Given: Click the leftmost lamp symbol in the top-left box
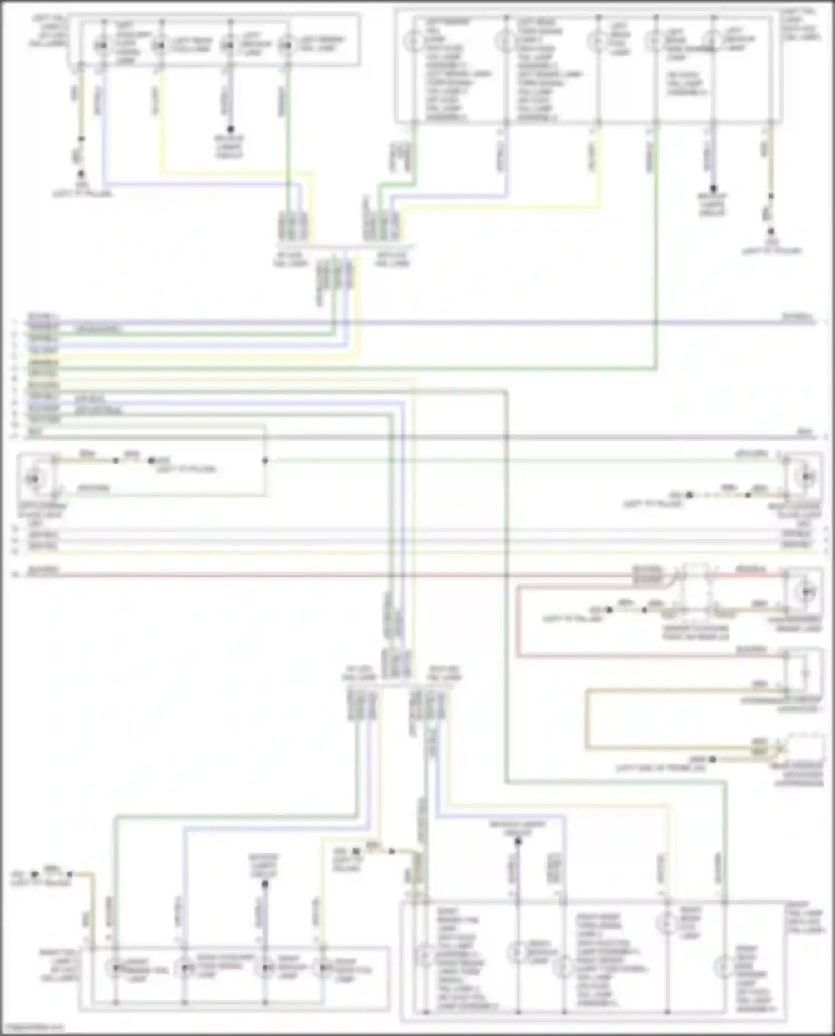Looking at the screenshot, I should [x=102, y=45].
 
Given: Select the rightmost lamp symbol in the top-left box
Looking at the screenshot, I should [x=287, y=45].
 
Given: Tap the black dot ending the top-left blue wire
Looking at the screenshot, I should [x=230, y=129].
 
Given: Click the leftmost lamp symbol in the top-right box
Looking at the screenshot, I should [x=412, y=41].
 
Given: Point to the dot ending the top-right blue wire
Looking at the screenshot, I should [x=713, y=189].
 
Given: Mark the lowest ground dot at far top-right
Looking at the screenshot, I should [x=771, y=231].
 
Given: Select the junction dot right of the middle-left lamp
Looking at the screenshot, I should [x=265, y=461].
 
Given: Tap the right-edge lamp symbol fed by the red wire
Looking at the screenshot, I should [x=807, y=592].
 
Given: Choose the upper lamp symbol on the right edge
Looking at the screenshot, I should [x=807, y=477].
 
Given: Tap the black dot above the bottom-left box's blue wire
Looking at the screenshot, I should [x=265, y=884].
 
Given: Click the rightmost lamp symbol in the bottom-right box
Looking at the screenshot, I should [x=724, y=967].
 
